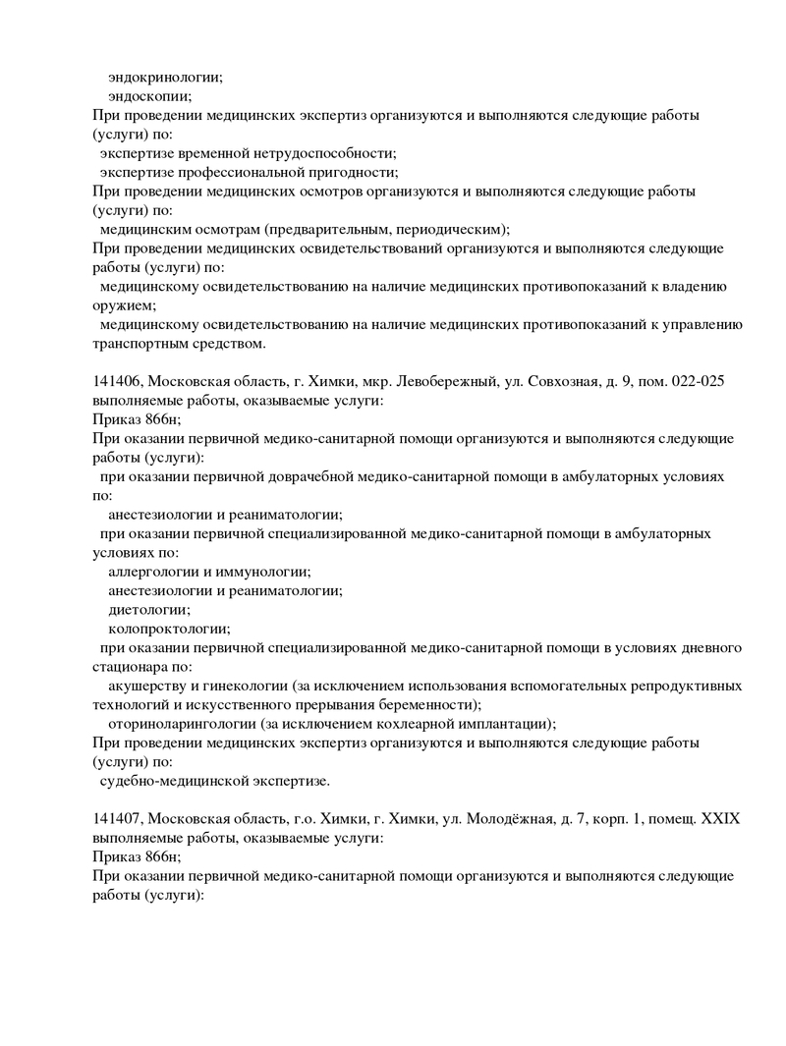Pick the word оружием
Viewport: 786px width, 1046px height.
tap(119, 305)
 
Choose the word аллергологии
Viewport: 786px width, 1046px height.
tap(157, 572)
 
